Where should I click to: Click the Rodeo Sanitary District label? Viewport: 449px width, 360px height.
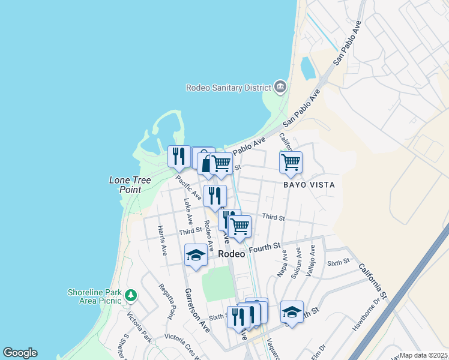(x=228, y=88)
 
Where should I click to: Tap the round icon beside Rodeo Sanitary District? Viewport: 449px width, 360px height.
(x=280, y=88)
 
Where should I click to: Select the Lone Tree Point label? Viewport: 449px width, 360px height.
(x=125, y=184)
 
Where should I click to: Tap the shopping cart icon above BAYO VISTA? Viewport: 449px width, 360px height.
(x=291, y=162)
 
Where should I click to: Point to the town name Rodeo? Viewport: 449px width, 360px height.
(x=232, y=254)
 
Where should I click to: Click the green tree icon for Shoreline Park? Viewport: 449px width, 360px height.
(x=131, y=295)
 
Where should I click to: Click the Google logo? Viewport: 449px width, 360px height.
(x=20, y=353)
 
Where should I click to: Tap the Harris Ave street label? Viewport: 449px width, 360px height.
(x=162, y=241)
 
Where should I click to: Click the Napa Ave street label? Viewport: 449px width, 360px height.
(x=283, y=264)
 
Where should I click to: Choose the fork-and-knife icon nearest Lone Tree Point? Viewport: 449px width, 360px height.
(x=179, y=157)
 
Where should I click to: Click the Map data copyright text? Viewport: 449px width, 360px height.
(x=423, y=355)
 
